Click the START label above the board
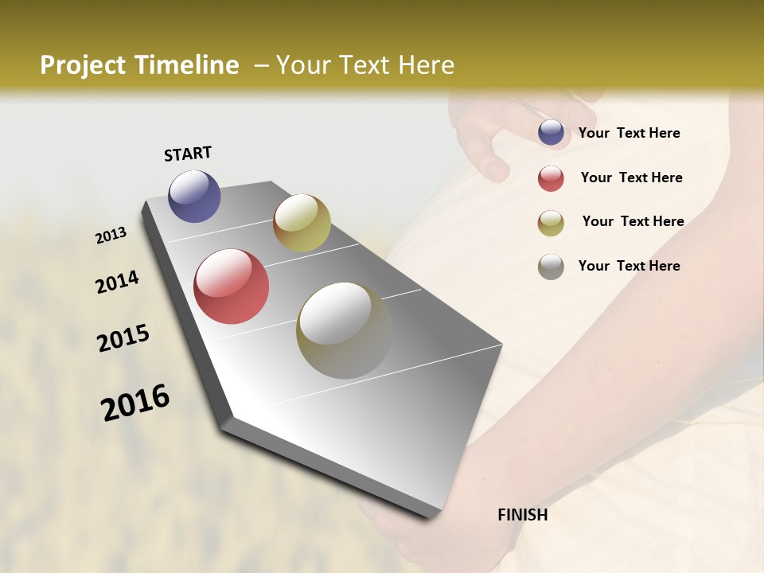188,154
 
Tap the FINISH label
522,515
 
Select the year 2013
111,236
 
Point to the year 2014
117,282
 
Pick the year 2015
123,338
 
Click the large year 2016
135,403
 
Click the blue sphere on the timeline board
194,196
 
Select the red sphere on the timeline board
231,286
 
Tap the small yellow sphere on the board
302,223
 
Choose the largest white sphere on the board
344,329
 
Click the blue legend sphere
551,133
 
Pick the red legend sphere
551,178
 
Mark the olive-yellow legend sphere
551,223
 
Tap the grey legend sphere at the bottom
551,267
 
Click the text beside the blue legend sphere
629,134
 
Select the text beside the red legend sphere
631,177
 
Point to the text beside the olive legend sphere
633,221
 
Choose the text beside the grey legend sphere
629,266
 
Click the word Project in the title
84,65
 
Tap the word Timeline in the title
186,65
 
